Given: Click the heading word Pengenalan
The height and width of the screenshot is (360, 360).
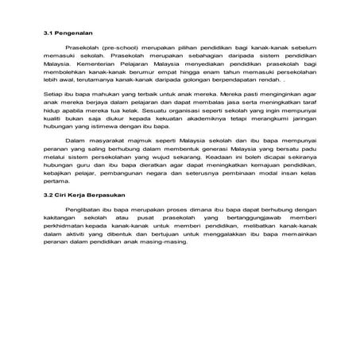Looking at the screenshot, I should pos(74,34).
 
